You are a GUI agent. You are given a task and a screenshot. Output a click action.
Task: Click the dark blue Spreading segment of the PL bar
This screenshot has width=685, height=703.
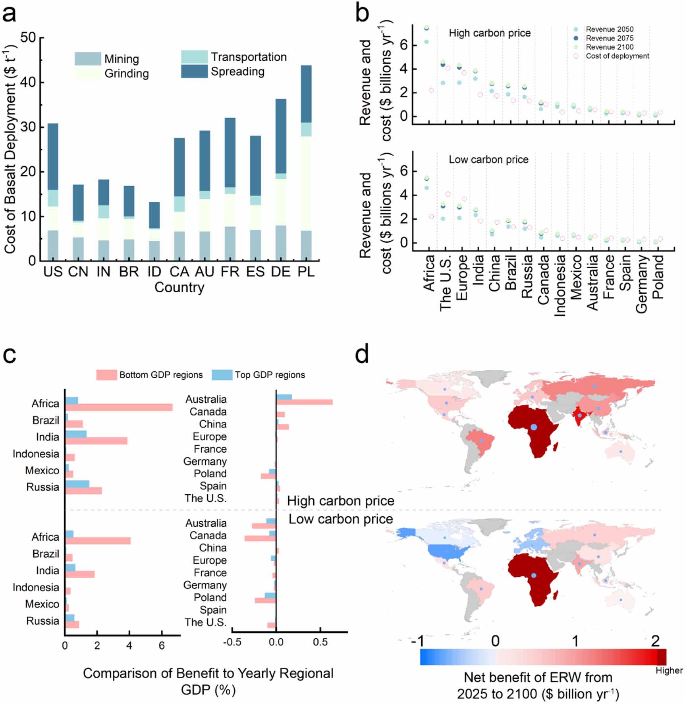tap(306, 94)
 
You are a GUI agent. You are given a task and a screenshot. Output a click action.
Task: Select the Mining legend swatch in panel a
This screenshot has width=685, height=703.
tap(88, 59)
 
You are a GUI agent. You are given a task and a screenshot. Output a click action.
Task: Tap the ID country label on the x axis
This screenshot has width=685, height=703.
tap(154, 272)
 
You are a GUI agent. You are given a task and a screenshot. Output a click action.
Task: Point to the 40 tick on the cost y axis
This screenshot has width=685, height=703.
tap(29, 83)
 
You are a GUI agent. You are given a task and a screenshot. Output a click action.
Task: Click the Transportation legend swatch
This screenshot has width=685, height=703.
tap(194, 57)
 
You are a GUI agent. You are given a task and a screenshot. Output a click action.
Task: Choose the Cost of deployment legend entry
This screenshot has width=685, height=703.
tap(617, 56)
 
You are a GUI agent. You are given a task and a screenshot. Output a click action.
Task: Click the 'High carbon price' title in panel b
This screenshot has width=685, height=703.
tap(489, 33)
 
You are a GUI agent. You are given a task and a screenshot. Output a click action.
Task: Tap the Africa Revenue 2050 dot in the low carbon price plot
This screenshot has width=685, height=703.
tap(426, 188)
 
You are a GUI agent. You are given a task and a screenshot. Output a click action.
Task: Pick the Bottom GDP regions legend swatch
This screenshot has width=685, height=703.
tap(106, 375)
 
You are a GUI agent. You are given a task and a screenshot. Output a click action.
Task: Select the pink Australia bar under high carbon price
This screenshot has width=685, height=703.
tap(304, 402)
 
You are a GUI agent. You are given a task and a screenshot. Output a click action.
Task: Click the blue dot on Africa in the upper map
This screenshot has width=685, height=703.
tap(534, 427)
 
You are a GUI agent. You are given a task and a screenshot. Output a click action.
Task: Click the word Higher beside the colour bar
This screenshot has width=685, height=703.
tap(669, 670)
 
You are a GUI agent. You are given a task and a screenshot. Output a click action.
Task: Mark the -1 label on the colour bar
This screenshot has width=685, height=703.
tap(417, 641)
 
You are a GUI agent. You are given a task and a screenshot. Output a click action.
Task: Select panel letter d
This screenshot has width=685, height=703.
tap(362, 354)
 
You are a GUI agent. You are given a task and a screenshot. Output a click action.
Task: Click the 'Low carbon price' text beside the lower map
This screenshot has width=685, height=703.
tap(340, 519)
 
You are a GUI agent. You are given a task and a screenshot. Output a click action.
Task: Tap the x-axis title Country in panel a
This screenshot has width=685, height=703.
tap(179, 287)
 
